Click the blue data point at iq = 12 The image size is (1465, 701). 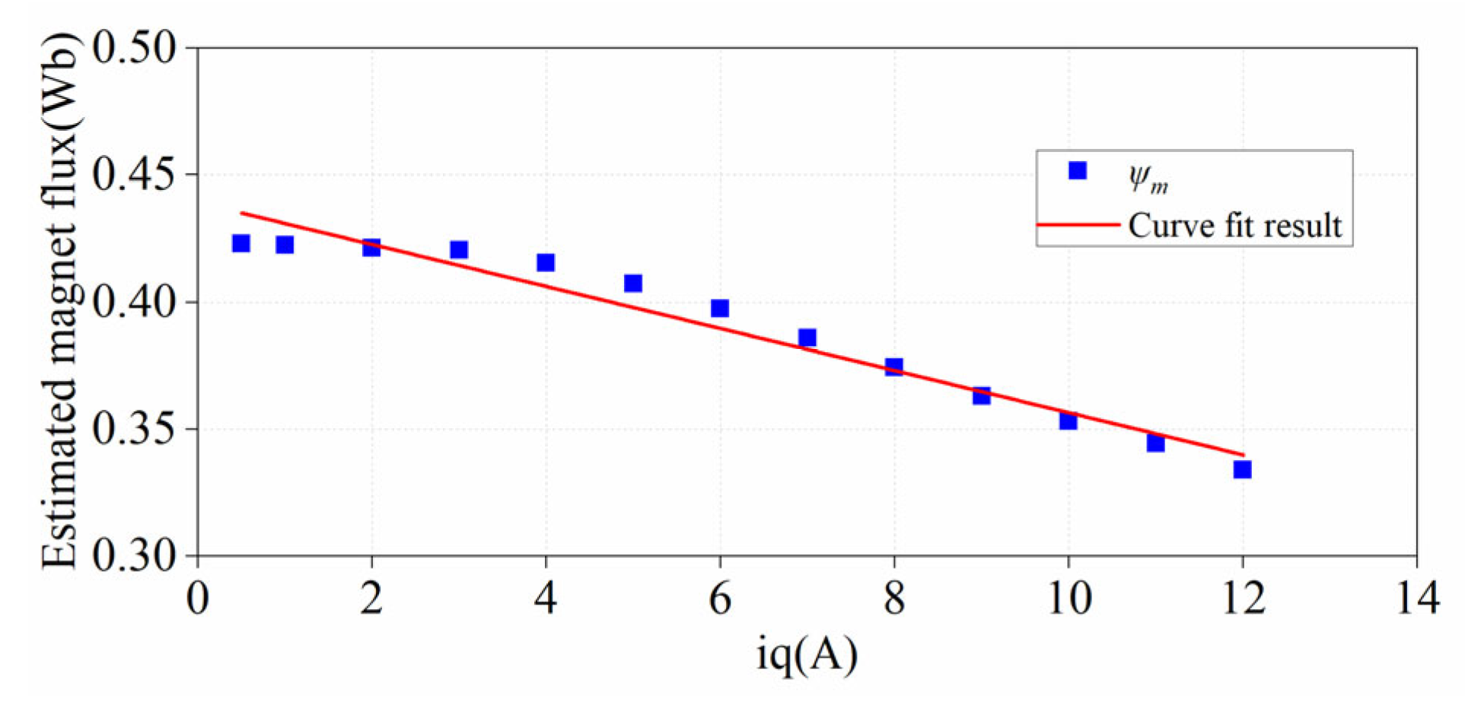pos(1242,469)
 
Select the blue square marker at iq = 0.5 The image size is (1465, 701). pos(240,243)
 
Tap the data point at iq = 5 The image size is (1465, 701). pos(632,283)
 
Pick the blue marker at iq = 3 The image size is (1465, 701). pos(458,249)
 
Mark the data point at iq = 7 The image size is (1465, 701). pos(807,338)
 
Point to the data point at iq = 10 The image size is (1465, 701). pos(1068,420)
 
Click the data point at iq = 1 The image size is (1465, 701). pos(285,244)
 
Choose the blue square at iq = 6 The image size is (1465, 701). pos(719,308)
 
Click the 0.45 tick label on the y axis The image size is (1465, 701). pos(134,174)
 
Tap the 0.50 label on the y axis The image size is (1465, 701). pos(134,47)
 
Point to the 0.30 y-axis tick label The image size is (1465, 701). pos(134,556)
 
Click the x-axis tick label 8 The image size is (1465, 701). pos(894,598)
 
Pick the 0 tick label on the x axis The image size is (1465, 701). pos(197,598)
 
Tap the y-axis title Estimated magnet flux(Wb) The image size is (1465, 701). pos(61,301)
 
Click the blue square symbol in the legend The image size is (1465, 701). pos(1077,170)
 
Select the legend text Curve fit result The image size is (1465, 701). pos(1234,226)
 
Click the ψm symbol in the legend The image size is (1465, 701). pos(1148,179)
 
